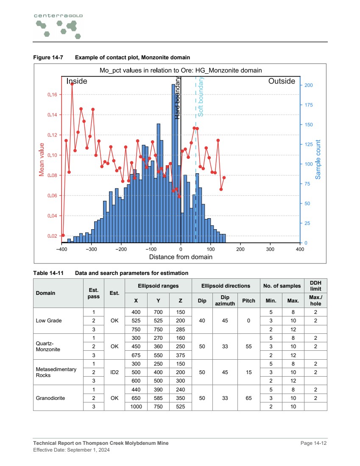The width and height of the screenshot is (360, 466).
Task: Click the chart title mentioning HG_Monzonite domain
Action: coord(181,70)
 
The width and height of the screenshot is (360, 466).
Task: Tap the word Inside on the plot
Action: coord(77,81)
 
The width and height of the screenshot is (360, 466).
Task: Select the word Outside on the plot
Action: coord(282,81)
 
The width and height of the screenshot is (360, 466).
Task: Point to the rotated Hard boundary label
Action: coord(178,98)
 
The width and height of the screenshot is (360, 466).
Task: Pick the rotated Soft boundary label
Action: coord(201,97)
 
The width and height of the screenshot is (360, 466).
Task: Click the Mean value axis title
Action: coord(42,159)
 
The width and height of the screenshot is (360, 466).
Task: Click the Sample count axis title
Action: coord(318,159)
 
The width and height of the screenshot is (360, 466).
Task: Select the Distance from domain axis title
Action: coord(181,257)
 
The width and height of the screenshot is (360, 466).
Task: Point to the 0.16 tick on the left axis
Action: coord(52,95)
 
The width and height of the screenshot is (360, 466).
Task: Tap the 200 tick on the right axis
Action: coord(309,86)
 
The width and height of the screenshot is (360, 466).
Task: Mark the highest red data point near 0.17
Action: coord(72,84)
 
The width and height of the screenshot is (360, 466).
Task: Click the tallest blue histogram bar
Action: coord(173,163)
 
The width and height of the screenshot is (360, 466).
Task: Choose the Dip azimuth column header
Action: coord(225,301)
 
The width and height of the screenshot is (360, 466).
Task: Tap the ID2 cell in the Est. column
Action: coord(114,372)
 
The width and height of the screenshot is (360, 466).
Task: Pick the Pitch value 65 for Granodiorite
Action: coord(248,398)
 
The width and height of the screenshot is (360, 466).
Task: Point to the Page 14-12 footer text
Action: coord(313,443)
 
